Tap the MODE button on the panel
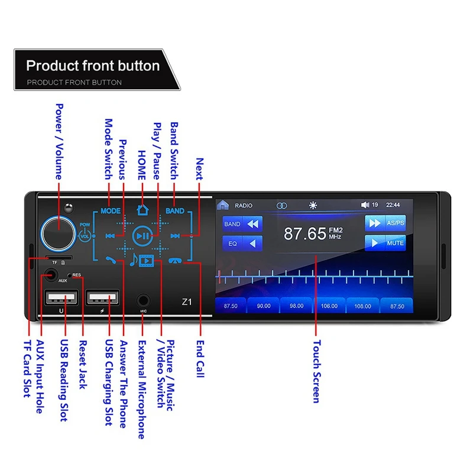tap(110, 210)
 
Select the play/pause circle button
tap(142, 235)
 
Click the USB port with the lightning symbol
tap(102, 297)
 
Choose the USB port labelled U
tap(60, 297)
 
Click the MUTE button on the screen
tap(385, 243)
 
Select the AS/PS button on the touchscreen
tap(385, 223)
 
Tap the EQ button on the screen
tap(242, 243)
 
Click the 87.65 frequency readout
tap(305, 233)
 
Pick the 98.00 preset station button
tap(297, 306)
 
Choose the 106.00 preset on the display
tap(329, 306)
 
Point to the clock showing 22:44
tap(393, 205)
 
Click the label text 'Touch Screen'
tap(316, 371)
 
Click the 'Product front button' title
tap(93, 65)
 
